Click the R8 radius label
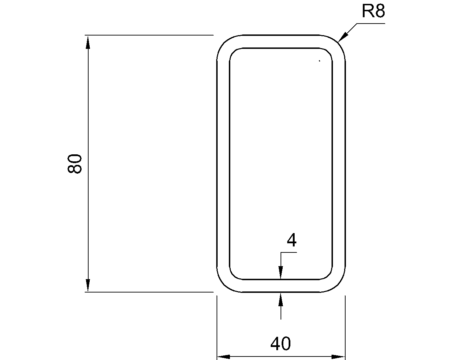pyautogui.click(x=373, y=12)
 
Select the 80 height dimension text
pyautogui.click(x=75, y=163)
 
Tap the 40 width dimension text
pyautogui.click(x=281, y=343)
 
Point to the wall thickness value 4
pyautogui.click(x=291, y=241)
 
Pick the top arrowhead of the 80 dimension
pyautogui.click(x=88, y=41)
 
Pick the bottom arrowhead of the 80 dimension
pyautogui.click(x=88, y=285)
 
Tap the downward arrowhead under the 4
pyautogui.click(x=281, y=273)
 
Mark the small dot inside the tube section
pyautogui.click(x=319, y=61)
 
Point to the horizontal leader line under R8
pyautogui.click(x=371, y=24)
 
